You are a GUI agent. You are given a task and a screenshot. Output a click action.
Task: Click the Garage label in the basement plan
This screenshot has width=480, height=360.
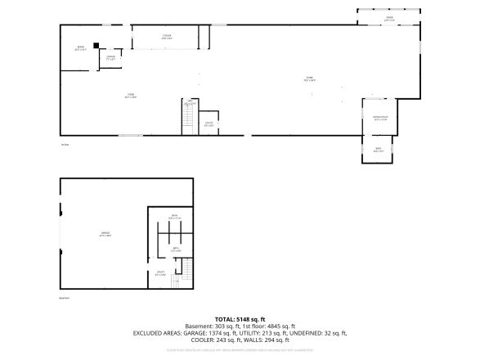(105, 234)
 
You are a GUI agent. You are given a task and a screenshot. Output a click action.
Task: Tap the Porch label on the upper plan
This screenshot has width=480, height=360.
(389, 17)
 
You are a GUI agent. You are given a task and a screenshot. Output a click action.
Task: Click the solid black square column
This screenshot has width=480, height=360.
(96, 46)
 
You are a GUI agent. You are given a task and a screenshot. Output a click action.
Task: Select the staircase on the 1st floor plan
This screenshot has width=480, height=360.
(187, 119)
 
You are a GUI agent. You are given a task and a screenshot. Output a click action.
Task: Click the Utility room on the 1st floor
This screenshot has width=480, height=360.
(209, 123)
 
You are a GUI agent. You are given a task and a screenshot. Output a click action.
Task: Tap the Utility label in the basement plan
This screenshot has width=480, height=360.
(161, 272)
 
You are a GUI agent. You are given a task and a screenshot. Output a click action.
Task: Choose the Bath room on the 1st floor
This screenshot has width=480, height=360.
(377, 150)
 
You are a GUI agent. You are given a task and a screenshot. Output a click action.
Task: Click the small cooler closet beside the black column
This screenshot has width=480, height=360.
(110, 58)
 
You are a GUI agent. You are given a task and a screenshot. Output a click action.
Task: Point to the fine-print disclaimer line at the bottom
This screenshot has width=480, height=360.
(240, 349)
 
